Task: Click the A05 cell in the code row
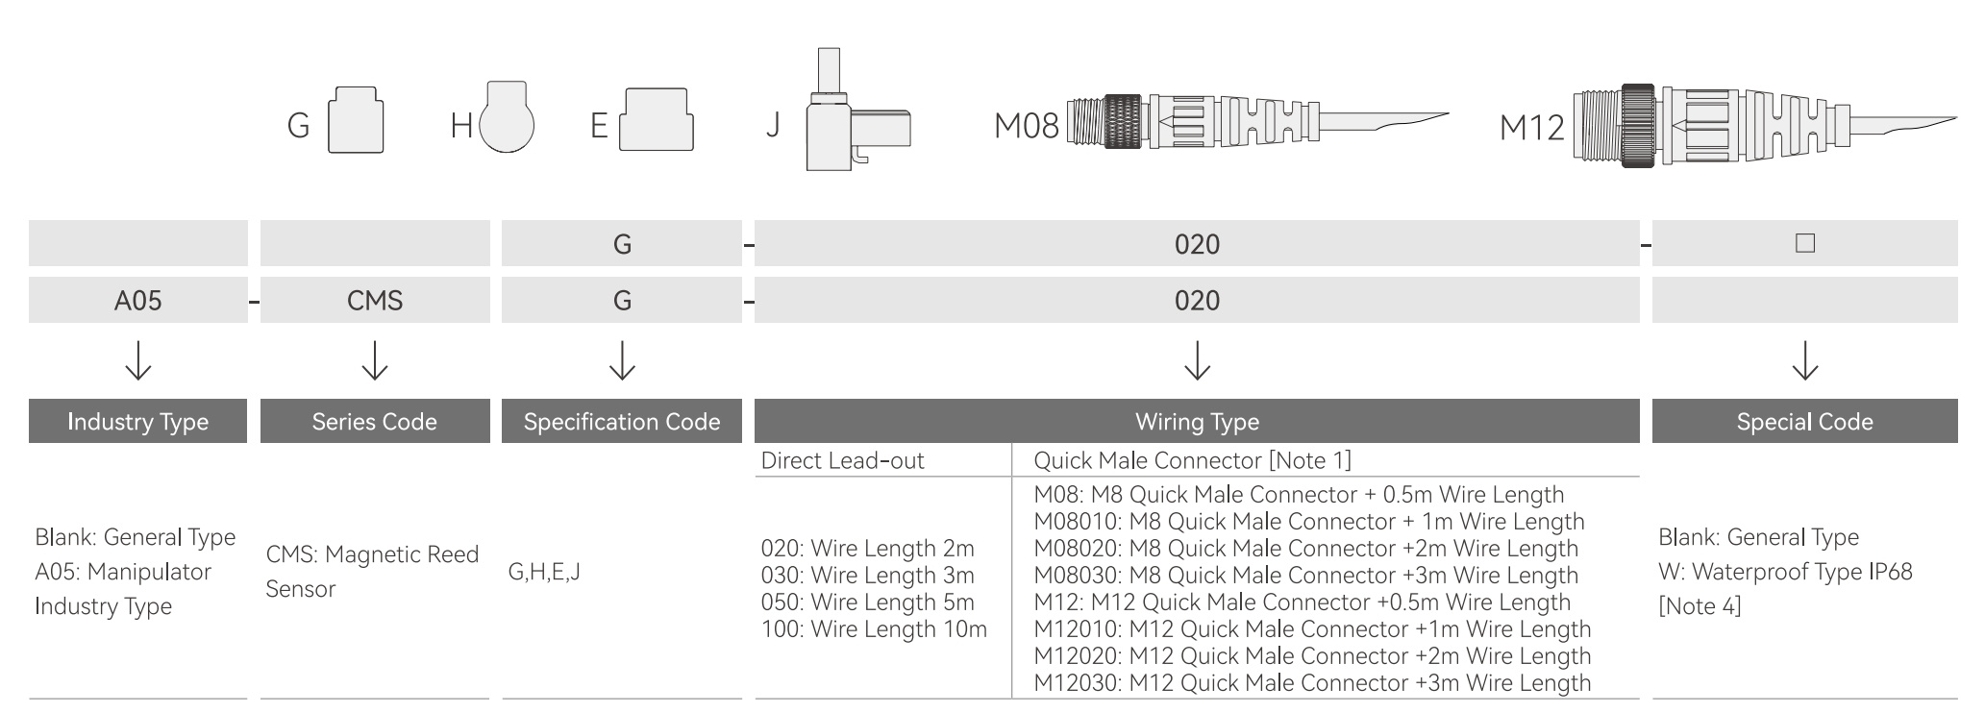[137, 301]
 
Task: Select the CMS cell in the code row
[375, 301]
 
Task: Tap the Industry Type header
[137, 421]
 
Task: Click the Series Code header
[375, 421]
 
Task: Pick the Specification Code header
[622, 421]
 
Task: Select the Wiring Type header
[1197, 421]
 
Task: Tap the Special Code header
[1805, 421]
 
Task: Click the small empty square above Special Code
[1805, 243]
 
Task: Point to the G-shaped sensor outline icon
[356, 120]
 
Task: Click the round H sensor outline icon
[507, 117]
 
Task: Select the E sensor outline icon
[657, 120]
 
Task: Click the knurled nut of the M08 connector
[1123, 121]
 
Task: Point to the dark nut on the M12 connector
[1638, 126]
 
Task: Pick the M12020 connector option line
[1312, 656]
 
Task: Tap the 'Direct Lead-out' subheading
[842, 460]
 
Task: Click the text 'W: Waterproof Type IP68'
[1785, 572]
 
